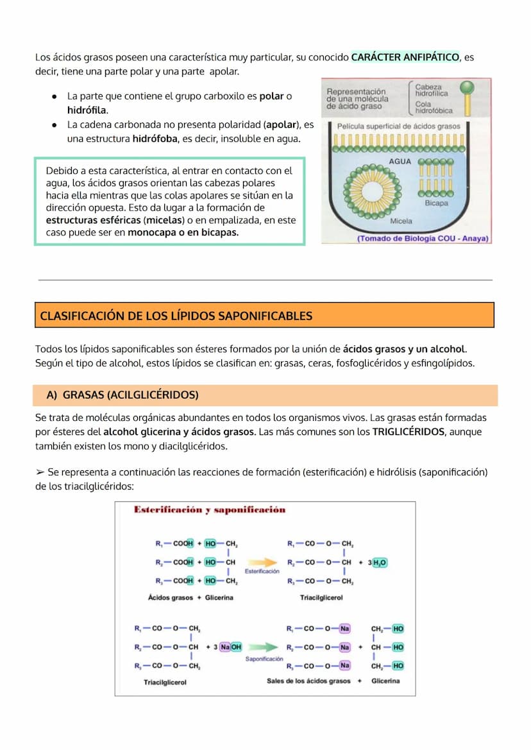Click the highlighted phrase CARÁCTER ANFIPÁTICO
tap(405, 57)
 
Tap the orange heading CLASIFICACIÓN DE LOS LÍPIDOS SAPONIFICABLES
tap(176, 316)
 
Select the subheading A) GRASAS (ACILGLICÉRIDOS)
tap(122, 395)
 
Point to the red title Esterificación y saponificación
tap(210, 510)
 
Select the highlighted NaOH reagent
tap(231, 647)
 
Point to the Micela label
tap(401, 221)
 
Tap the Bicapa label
tap(436, 203)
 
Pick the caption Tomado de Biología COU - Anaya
tap(423, 238)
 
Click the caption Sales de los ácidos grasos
tap(308, 681)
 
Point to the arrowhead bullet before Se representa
tap(40, 472)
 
